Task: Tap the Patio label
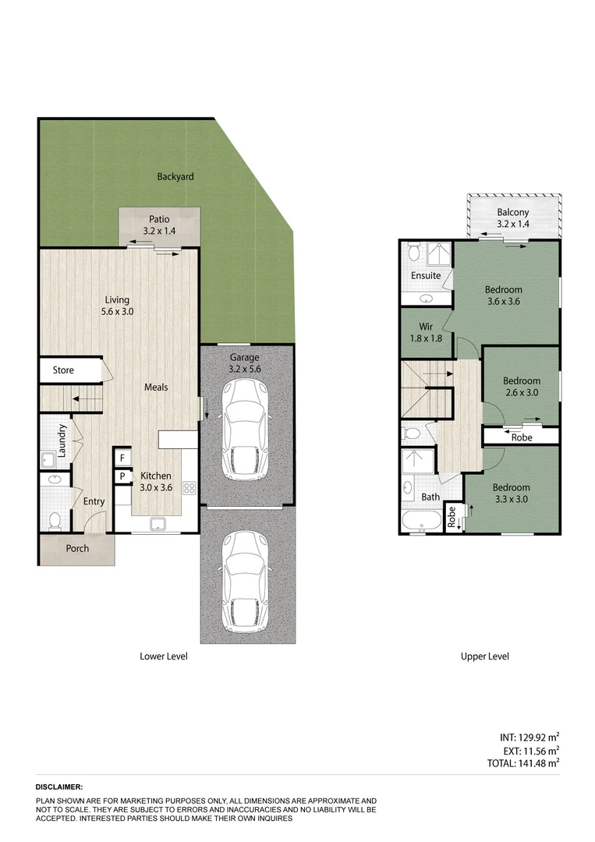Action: point(160,225)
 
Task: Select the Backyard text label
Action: point(175,177)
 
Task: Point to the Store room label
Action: point(63,370)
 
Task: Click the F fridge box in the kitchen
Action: point(122,458)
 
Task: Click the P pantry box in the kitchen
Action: point(122,476)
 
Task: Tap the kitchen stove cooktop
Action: point(189,489)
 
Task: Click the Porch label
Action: point(76,548)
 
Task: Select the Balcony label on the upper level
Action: point(512,218)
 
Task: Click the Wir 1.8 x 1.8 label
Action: point(426,333)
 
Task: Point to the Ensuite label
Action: point(426,275)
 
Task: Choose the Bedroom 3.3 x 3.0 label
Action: point(511,494)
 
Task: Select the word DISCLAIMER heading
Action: point(59,787)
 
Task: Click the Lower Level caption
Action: point(164,656)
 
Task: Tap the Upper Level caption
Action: point(484,656)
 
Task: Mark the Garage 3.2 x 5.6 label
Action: point(245,363)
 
